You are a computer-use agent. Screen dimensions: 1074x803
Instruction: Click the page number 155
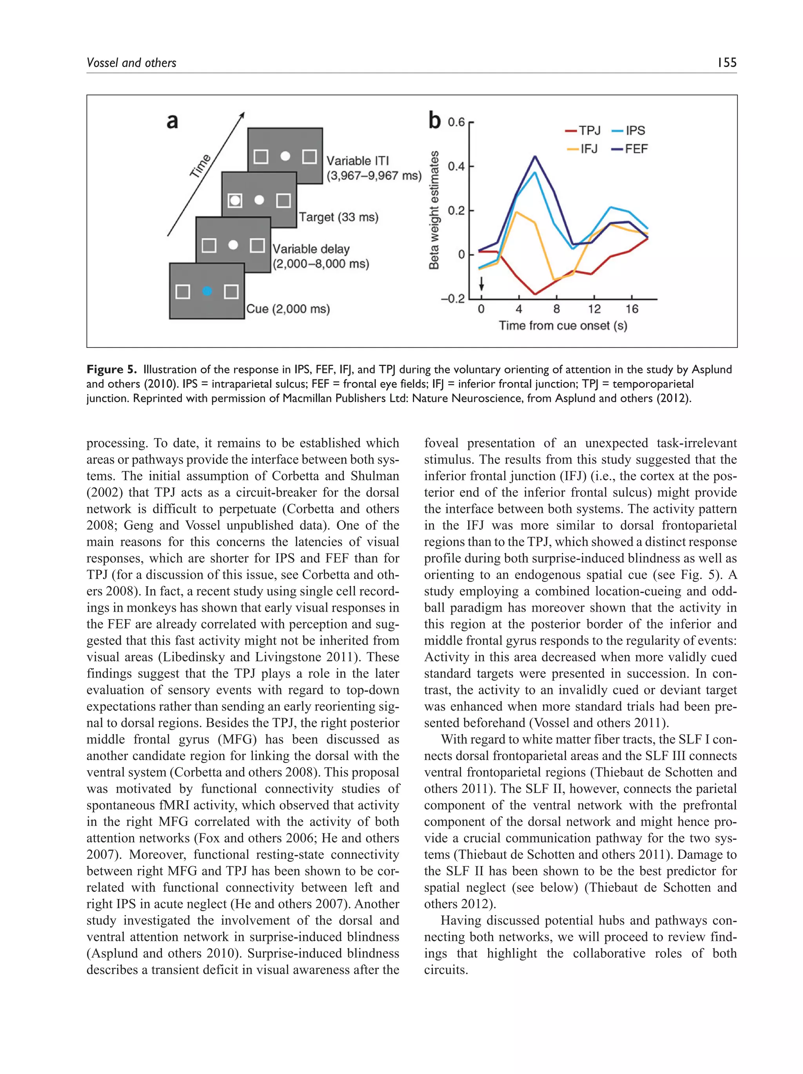click(x=726, y=62)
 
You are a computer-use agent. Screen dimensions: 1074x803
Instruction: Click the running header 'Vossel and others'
click(x=131, y=63)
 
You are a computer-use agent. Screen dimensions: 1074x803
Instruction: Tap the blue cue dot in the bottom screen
click(x=207, y=291)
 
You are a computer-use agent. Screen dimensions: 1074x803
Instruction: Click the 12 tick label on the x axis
click(x=594, y=309)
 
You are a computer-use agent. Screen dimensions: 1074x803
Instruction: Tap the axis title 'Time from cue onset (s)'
click(x=563, y=325)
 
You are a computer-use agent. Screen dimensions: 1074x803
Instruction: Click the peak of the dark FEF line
click(x=535, y=156)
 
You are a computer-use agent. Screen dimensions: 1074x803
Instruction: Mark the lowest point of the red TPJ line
click(x=535, y=294)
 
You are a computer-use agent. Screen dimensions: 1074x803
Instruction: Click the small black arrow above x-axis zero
click(x=481, y=283)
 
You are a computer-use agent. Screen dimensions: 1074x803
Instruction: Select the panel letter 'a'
click(x=173, y=121)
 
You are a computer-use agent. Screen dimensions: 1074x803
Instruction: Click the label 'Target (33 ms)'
click(x=338, y=217)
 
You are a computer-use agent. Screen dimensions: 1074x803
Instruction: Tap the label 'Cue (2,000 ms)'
click(x=287, y=309)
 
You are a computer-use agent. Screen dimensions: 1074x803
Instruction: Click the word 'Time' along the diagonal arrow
click(x=200, y=166)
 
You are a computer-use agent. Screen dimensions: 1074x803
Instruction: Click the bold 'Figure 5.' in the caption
click(x=112, y=369)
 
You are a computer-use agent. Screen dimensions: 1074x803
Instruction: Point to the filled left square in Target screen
click(x=235, y=200)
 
